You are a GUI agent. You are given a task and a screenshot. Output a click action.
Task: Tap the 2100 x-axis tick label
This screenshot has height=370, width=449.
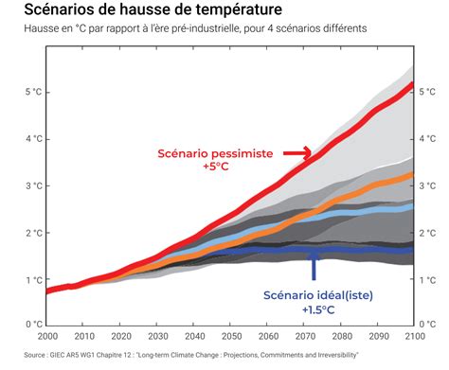(x=412, y=337)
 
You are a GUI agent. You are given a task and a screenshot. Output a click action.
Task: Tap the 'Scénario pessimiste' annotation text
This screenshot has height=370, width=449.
(x=228, y=152)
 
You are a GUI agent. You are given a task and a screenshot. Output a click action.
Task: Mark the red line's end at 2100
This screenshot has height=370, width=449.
(x=411, y=85)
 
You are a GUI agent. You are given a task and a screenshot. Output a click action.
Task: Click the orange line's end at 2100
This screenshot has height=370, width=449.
(x=411, y=175)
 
